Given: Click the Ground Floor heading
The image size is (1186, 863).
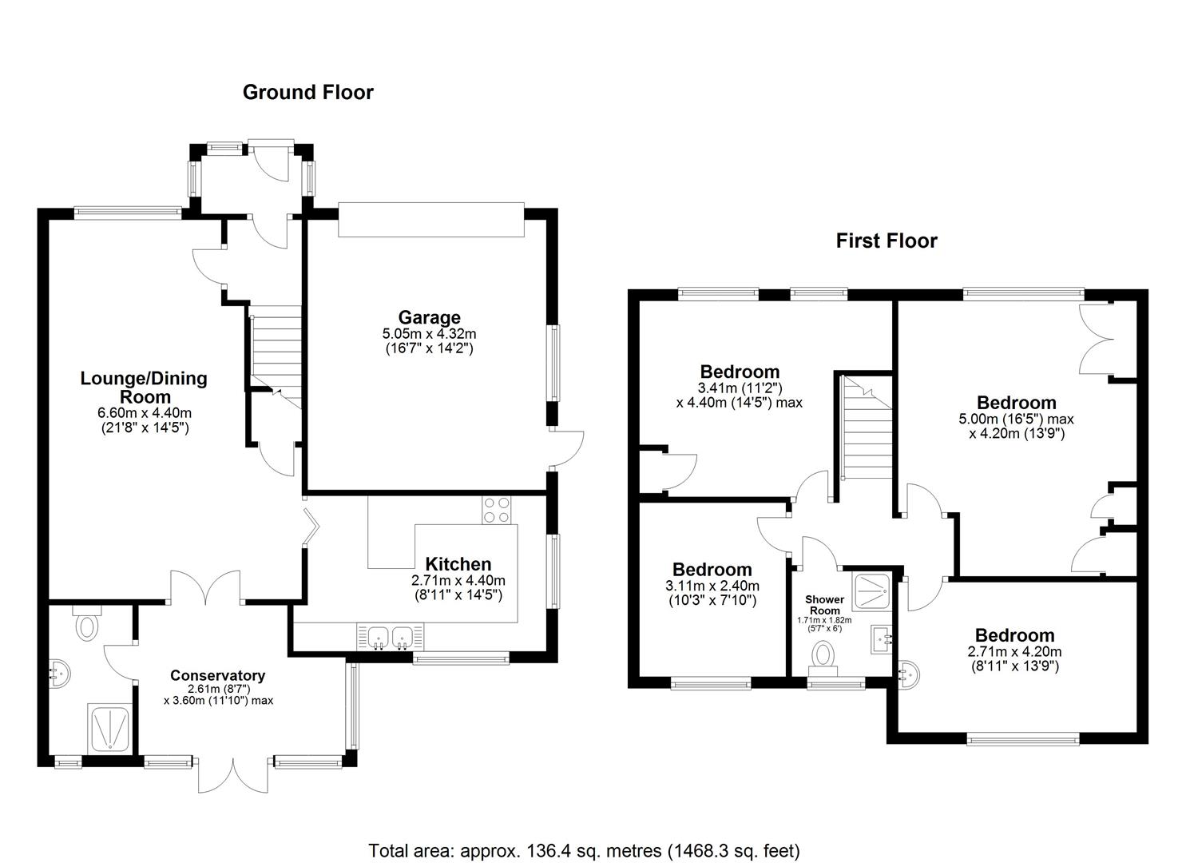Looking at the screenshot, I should [307, 93].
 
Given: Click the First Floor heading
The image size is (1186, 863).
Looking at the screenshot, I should [886, 241].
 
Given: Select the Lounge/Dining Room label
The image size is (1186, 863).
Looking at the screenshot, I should [144, 387].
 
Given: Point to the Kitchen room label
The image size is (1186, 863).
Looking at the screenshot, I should [458, 564].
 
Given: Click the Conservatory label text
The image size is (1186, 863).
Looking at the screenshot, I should [217, 675].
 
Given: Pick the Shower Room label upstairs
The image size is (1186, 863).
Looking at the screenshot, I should [824, 605].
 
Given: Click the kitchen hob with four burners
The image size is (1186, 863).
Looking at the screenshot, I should [496, 510].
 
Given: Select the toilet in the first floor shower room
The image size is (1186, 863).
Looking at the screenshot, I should [823, 656].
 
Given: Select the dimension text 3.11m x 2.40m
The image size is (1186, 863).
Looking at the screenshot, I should [712, 585].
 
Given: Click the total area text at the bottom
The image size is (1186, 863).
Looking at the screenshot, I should [584, 850].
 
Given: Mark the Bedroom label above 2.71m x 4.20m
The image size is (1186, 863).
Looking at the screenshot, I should [1014, 635].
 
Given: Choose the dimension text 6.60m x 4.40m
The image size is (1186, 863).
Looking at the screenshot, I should [144, 413].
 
